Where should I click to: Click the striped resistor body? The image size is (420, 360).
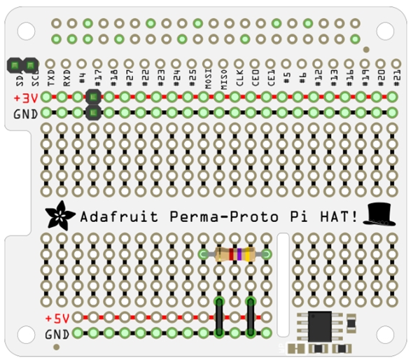(x=234, y=254)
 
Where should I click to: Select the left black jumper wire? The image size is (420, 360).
(x=220, y=316)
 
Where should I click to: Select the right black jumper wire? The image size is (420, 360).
(x=251, y=316)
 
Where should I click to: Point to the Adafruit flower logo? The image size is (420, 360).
(x=59, y=216)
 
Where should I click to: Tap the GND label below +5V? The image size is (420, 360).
(x=57, y=334)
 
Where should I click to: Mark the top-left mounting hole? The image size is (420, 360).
(x=26, y=31)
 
